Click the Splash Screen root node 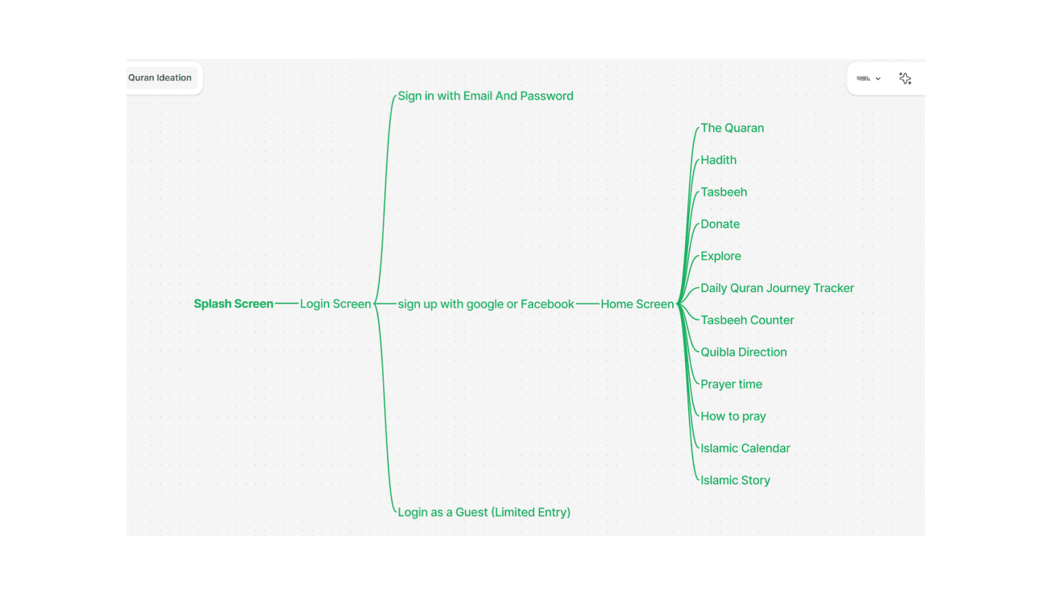coord(233,304)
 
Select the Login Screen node coord(335,304)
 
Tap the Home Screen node coord(637,304)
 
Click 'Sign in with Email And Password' coord(486,96)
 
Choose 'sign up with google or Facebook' coord(486,304)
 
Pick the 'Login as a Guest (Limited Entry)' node coord(484,513)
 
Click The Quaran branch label coord(732,128)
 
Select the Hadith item coord(718,160)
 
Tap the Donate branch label coord(720,224)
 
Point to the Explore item coord(721,256)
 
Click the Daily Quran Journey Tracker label coord(777,288)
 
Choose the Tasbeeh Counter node coord(747,320)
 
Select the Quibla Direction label coord(744,352)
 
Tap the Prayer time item coord(731,384)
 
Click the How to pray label coord(733,417)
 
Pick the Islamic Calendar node coord(745,449)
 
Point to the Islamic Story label coord(735,481)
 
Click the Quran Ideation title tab coord(160,78)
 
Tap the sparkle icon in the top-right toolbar coord(905,79)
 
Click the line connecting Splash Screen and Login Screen coord(287,304)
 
